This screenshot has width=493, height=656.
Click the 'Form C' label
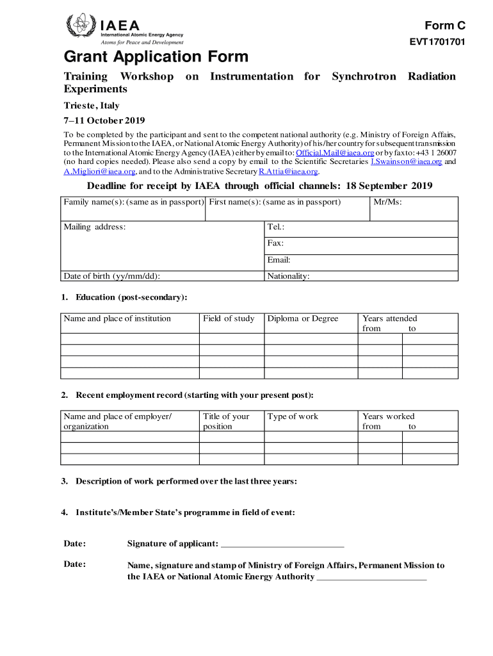[x=444, y=26]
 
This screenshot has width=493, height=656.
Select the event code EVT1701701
[x=437, y=42]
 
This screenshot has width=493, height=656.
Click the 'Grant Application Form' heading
[x=156, y=57]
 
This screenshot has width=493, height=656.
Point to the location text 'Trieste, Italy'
[x=91, y=106]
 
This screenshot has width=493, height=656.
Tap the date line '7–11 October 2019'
[x=104, y=120]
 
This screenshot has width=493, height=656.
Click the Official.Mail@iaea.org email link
[x=334, y=153]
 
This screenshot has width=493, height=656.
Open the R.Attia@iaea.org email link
[x=287, y=171]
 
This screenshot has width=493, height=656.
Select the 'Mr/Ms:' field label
[x=387, y=202]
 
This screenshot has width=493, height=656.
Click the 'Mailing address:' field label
[x=95, y=227]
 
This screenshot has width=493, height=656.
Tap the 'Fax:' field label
[x=275, y=243]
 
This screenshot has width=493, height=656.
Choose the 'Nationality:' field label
[x=288, y=276]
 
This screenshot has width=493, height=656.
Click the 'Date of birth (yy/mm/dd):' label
[x=111, y=276]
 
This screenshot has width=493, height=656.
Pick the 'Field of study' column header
[x=229, y=318]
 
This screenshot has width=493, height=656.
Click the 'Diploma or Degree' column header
[x=302, y=318]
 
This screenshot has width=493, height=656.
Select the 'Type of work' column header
[x=293, y=416]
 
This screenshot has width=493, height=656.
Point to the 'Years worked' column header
[x=388, y=416]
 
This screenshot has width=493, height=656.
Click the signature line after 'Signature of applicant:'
[x=282, y=545]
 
